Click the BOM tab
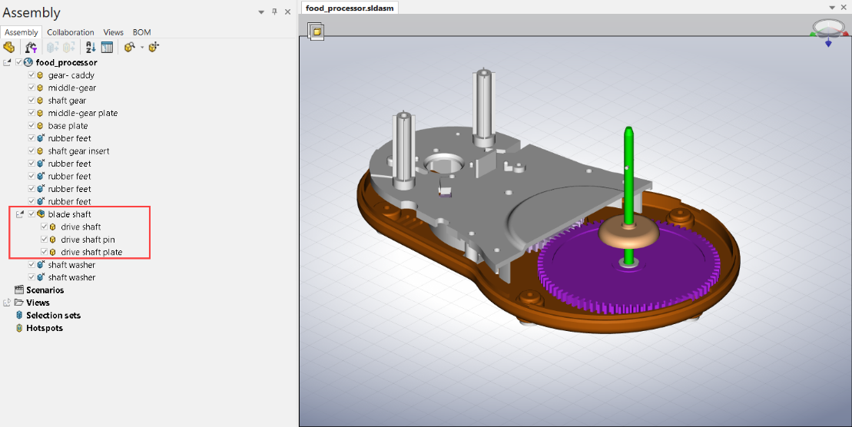click(x=141, y=32)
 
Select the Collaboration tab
click(x=71, y=32)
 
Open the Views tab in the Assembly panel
click(x=113, y=32)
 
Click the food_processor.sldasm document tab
click(x=349, y=8)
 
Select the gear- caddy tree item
click(x=71, y=75)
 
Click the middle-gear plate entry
click(x=82, y=113)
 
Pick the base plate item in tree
click(x=68, y=126)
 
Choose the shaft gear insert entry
click(x=78, y=151)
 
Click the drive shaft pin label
click(x=88, y=240)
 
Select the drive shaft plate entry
click(x=91, y=253)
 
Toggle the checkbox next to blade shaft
click(x=31, y=214)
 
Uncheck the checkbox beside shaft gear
click(x=31, y=101)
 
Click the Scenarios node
click(x=45, y=290)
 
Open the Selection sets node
click(x=53, y=316)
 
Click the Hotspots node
click(x=45, y=328)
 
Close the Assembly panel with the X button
click(x=287, y=12)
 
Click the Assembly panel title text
click(x=31, y=13)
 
